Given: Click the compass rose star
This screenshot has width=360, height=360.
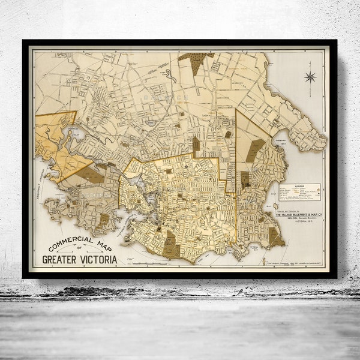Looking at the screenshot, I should pyautogui.click(x=310, y=76).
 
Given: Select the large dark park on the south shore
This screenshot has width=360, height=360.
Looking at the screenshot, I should pyautogui.click(x=170, y=246).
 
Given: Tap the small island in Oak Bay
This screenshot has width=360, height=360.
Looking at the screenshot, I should pyautogui.click(x=277, y=205).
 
